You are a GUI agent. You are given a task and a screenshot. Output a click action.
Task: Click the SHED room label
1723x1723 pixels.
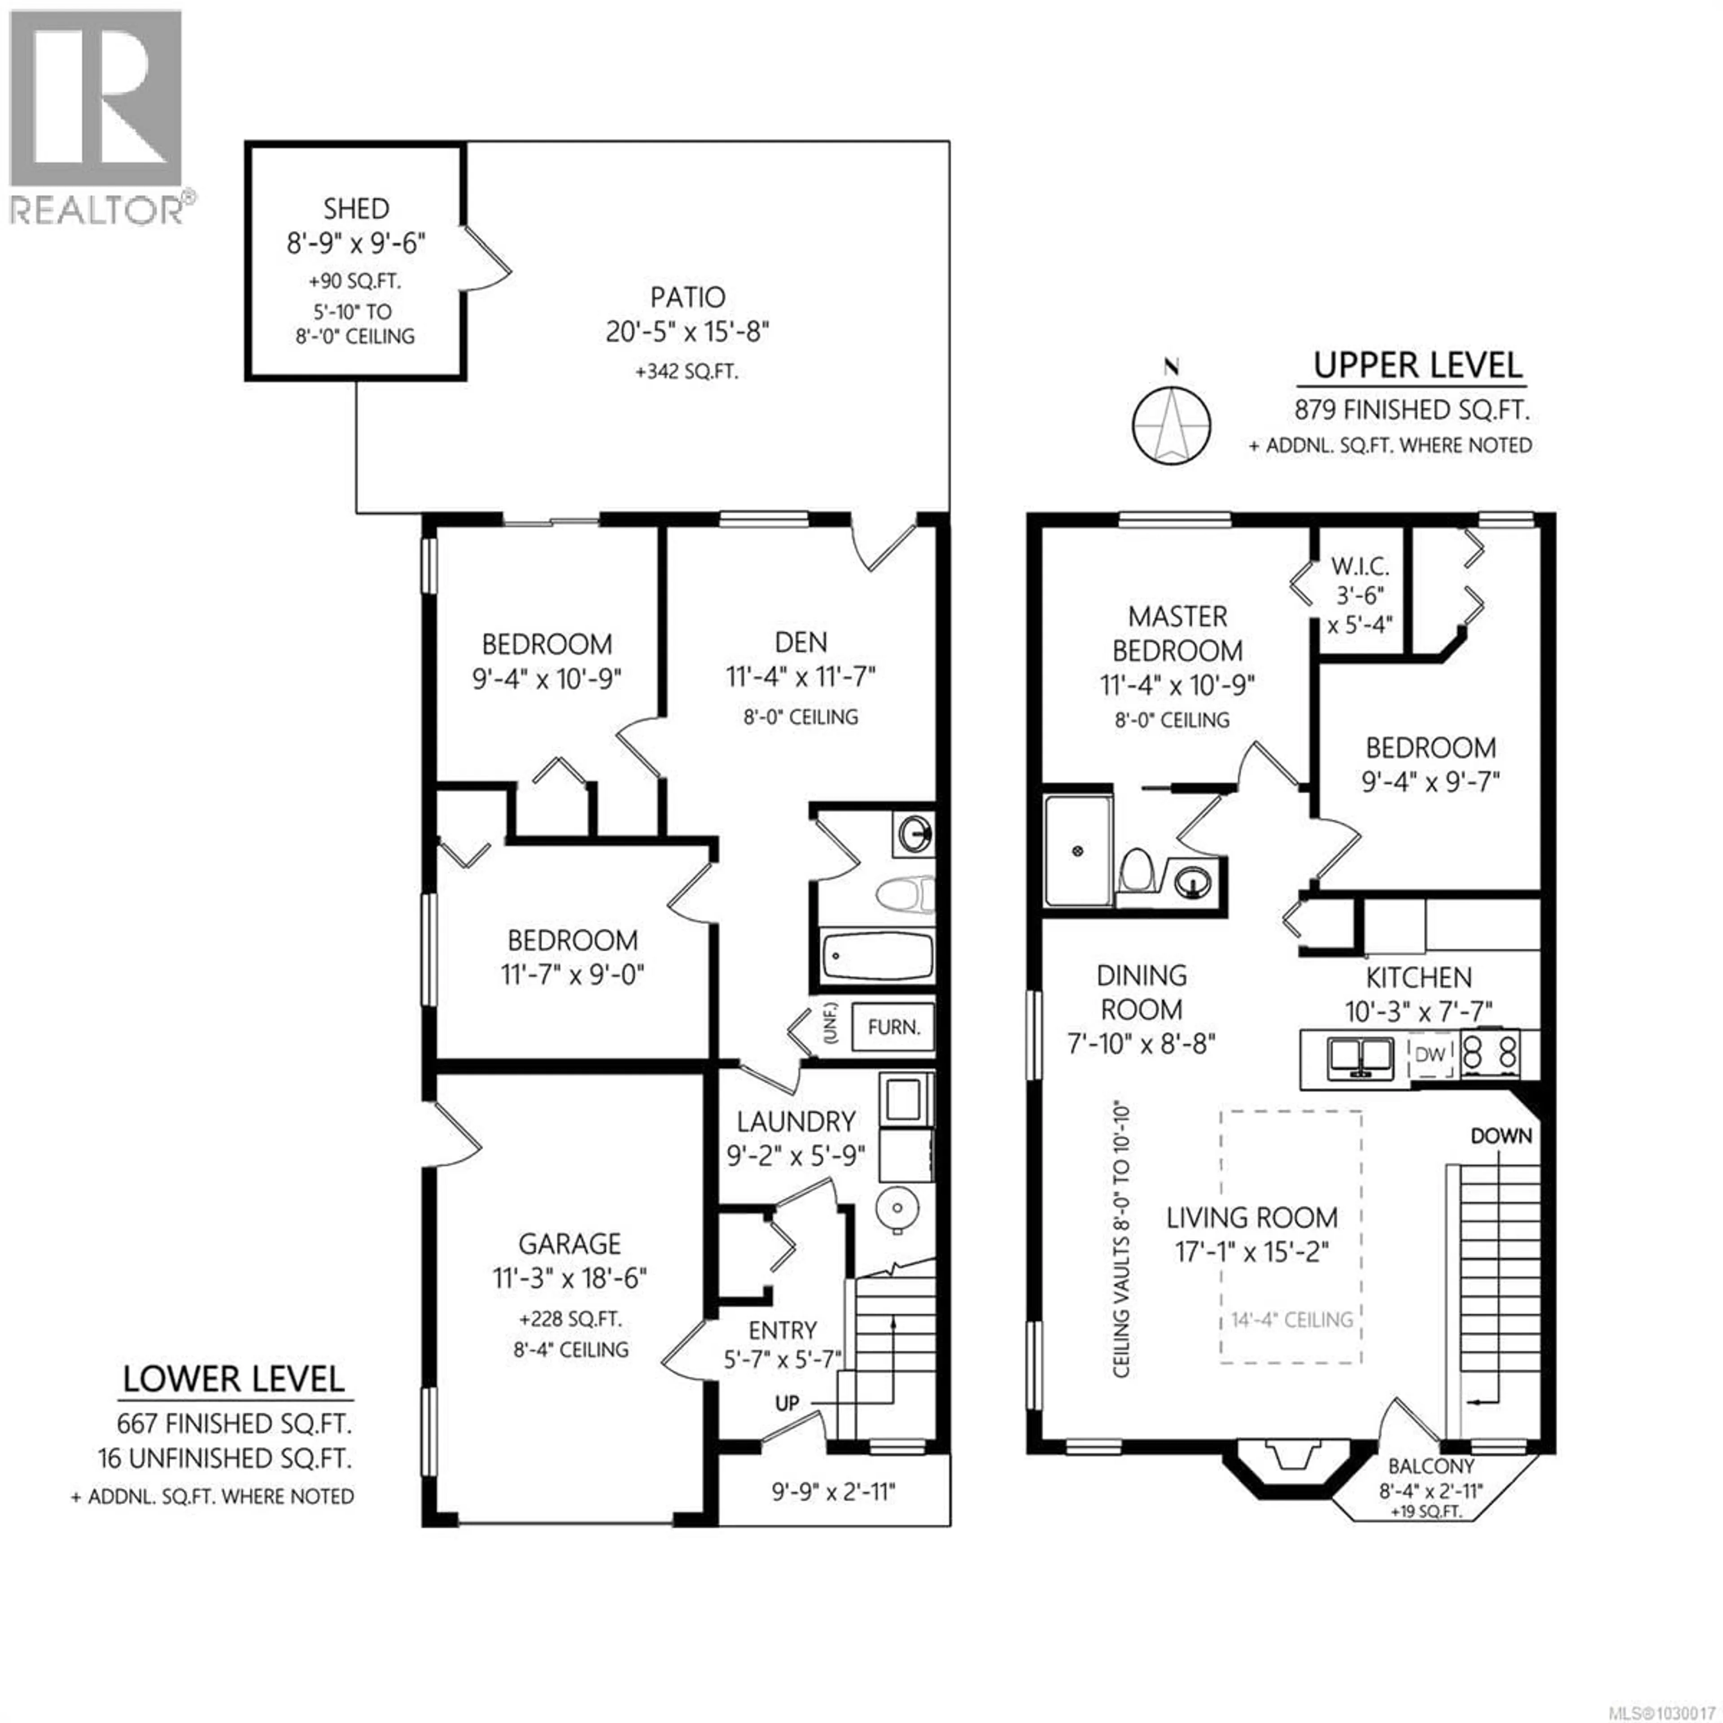pyautogui.click(x=356, y=209)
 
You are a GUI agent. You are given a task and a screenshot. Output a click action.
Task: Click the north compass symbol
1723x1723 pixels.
pyautogui.click(x=1171, y=425)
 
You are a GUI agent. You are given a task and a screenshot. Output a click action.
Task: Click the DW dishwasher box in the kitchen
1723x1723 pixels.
pyautogui.click(x=1430, y=1054)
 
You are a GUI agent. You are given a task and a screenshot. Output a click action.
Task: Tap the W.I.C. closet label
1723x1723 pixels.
pyautogui.click(x=1360, y=566)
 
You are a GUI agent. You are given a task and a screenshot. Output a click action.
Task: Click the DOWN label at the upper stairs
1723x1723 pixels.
pyautogui.click(x=1501, y=1136)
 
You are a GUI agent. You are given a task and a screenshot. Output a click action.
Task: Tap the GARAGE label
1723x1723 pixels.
pyautogui.click(x=570, y=1243)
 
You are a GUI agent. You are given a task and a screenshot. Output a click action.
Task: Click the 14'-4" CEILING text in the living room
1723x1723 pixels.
pyautogui.click(x=1291, y=1320)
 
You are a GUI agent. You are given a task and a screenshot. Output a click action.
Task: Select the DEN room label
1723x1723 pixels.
pyautogui.click(x=800, y=642)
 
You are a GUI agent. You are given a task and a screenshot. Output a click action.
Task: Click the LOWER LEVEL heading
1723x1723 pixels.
pyautogui.click(x=233, y=1379)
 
